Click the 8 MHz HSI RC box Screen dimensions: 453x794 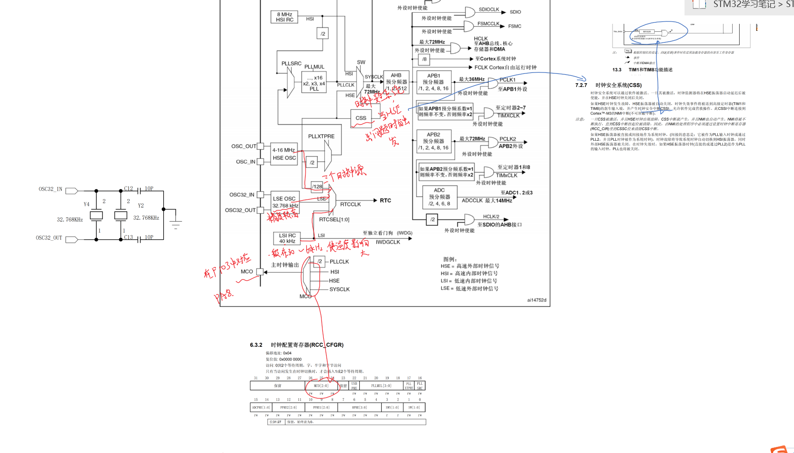[x=284, y=17]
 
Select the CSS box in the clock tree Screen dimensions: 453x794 [x=361, y=118]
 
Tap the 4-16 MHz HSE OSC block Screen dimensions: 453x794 [x=284, y=154]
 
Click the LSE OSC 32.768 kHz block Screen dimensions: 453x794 [x=285, y=202]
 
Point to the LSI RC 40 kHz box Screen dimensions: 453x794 [x=287, y=238]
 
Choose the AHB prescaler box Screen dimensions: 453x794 [x=396, y=82]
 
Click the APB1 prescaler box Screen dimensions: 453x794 [x=433, y=82]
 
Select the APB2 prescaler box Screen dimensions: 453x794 [x=433, y=141]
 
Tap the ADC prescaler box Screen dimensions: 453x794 [x=439, y=197]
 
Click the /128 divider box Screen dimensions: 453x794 [x=318, y=187]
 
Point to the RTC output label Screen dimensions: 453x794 [x=386, y=201]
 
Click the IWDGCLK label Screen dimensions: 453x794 [x=388, y=242]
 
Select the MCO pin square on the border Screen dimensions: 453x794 [x=260, y=272]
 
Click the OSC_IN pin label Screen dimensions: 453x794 [x=246, y=162]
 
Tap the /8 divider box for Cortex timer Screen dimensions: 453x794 [x=424, y=59]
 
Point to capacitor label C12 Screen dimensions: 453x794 [x=129, y=188]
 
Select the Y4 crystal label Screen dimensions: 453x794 [x=87, y=204]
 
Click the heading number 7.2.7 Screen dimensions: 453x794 [x=581, y=85]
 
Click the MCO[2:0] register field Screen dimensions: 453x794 [x=321, y=386]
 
